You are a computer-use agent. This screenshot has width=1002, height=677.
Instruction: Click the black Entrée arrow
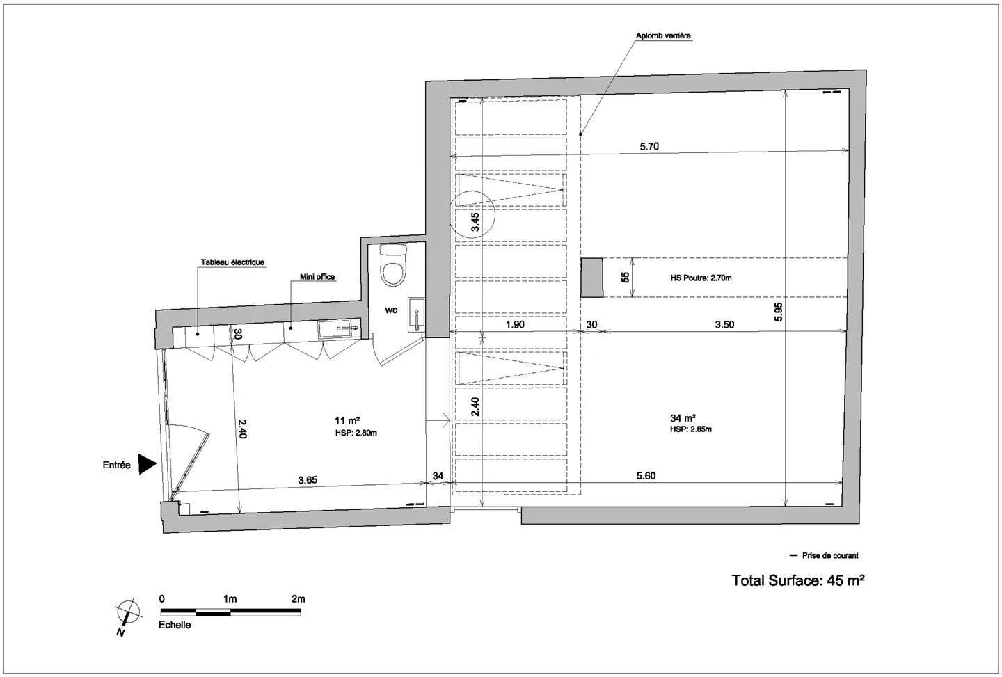(146, 464)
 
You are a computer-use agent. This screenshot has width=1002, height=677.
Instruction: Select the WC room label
(391, 310)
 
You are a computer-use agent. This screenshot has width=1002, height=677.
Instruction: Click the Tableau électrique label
(232, 262)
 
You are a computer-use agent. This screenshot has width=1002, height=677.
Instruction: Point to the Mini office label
(317, 277)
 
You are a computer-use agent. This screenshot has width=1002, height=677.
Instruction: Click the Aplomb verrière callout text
(663, 35)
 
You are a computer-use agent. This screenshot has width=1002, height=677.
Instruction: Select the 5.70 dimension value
(649, 146)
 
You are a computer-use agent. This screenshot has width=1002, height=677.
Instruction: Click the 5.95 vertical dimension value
(779, 312)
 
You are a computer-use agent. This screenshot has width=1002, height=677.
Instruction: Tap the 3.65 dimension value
(308, 480)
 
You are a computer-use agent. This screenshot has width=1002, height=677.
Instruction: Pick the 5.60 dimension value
(646, 476)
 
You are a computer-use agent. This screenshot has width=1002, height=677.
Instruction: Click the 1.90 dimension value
(515, 325)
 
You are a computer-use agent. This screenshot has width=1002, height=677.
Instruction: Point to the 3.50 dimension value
(724, 325)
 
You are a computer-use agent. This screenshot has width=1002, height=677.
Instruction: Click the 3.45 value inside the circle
(475, 222)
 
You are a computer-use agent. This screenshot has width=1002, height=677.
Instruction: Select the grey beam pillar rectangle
(591, 277)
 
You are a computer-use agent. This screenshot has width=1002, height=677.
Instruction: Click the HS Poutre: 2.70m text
(701, 278)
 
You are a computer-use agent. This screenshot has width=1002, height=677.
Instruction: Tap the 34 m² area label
(683, 418)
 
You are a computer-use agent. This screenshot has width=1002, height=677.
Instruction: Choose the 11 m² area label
(348, 420)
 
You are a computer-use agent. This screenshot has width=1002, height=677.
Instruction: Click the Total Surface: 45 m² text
(798, 580)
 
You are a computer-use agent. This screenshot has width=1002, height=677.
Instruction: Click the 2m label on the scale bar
(299, 599)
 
